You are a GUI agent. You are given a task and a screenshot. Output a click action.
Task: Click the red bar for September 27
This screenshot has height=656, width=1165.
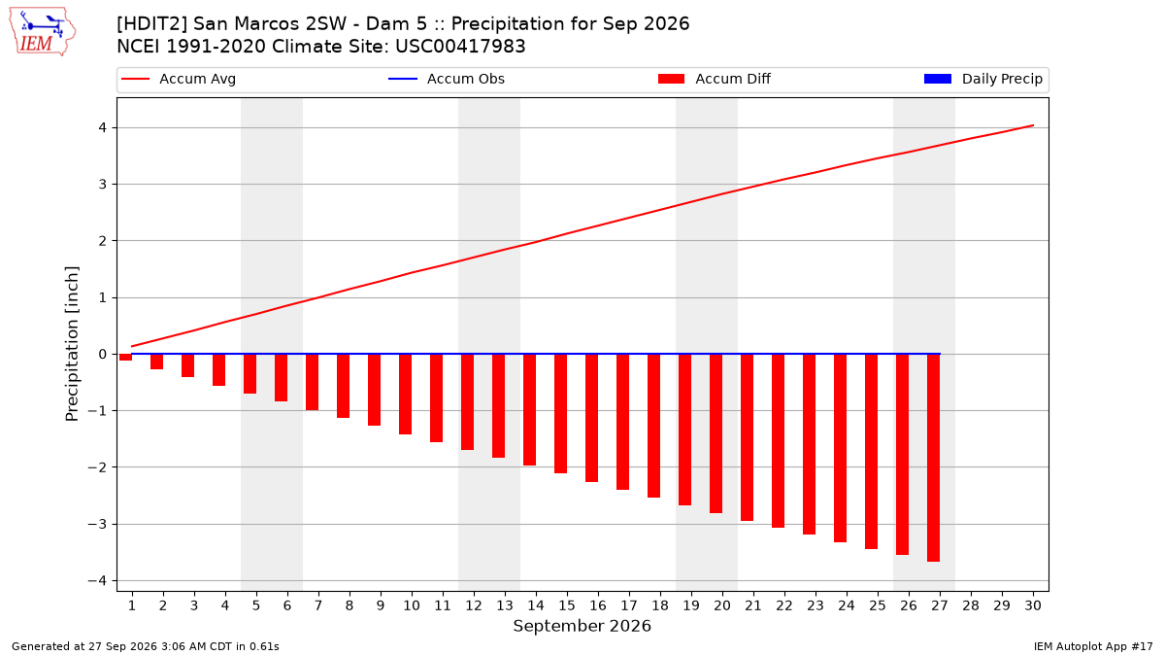point(934,458)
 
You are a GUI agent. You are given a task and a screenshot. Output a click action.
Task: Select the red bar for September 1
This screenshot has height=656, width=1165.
point(125,358)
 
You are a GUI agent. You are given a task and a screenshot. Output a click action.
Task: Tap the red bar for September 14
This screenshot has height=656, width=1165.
point(529,410)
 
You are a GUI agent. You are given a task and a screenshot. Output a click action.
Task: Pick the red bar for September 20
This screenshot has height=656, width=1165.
point(716,433)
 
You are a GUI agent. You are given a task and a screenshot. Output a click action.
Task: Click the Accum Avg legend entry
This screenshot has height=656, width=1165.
point(179,79)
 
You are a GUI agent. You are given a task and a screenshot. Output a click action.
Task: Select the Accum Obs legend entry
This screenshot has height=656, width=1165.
point(447,79)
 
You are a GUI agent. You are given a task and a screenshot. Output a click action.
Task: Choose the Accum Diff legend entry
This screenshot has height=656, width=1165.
point(715,79)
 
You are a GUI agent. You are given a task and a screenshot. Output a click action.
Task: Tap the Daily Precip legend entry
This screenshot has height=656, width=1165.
point(983,79)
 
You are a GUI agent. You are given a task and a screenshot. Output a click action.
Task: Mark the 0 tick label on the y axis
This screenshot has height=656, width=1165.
point(103,354)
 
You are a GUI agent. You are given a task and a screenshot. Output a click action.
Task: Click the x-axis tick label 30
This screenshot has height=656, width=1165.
point(1033,605)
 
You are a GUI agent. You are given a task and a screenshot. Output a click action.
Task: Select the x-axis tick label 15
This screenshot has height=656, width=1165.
point(567,605)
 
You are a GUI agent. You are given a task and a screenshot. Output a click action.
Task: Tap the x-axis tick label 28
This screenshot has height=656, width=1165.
point(971,605)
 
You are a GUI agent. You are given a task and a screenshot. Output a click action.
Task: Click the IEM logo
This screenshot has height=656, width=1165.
point(43,32)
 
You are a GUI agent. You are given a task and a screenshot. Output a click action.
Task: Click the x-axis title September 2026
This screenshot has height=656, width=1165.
point(582,626)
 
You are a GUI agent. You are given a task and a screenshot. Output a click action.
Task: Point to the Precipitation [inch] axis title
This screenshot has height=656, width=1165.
point(72,344)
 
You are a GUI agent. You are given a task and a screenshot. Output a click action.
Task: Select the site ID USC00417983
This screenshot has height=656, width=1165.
point(460,47)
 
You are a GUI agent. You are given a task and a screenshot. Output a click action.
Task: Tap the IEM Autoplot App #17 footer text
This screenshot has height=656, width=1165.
point(1093,646)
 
